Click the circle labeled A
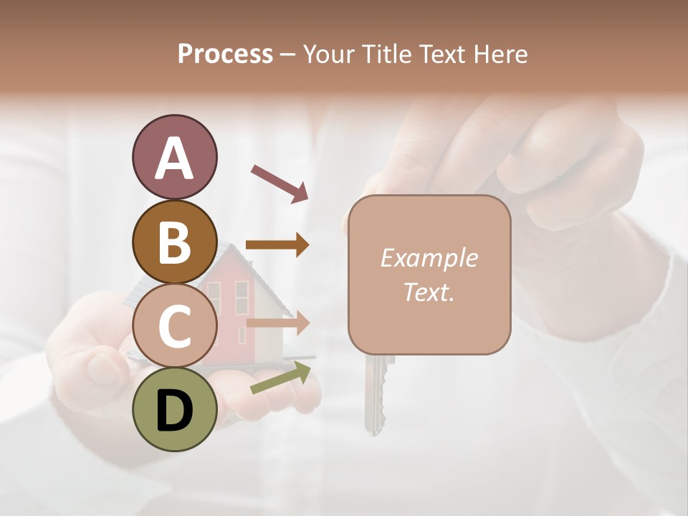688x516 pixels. coord(174,158)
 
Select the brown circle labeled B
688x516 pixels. coord(174,242)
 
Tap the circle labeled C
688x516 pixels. coord(174,325)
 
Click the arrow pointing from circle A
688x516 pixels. coord(279,182)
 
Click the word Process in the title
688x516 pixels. coord(225,54)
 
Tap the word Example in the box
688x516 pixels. coord(429,258)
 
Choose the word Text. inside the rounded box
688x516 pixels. coord(429,292)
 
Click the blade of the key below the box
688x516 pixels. coord(373,398)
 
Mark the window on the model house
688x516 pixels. coord(241,297)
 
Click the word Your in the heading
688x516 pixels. coord(330,54)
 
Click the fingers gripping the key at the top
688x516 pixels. coord(545,165)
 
